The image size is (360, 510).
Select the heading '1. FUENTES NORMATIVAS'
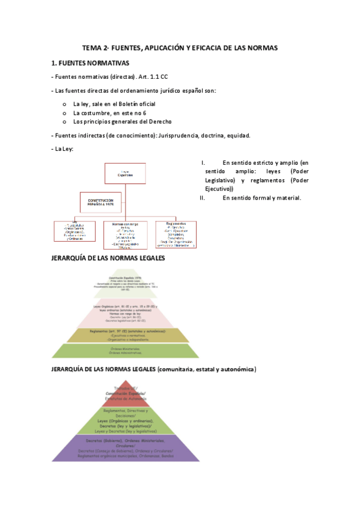tap(90, 63)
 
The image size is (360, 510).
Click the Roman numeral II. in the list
tap(203, 197)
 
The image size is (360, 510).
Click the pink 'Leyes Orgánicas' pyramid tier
tap(125, 313)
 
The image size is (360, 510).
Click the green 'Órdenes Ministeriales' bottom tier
tap(125, 351)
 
